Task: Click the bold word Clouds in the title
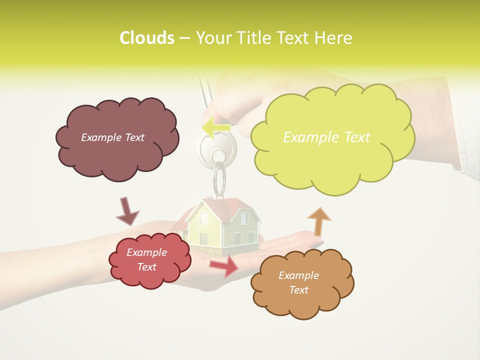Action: tap(146, 38)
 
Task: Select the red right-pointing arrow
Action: tap(224, 266)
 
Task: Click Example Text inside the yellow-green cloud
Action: tap(326, 137)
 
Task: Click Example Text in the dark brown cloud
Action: tap(112, 137)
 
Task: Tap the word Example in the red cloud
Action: tap(146, 252)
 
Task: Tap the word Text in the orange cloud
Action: tap(299, 290)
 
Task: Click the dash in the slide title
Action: tap(184, 38)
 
